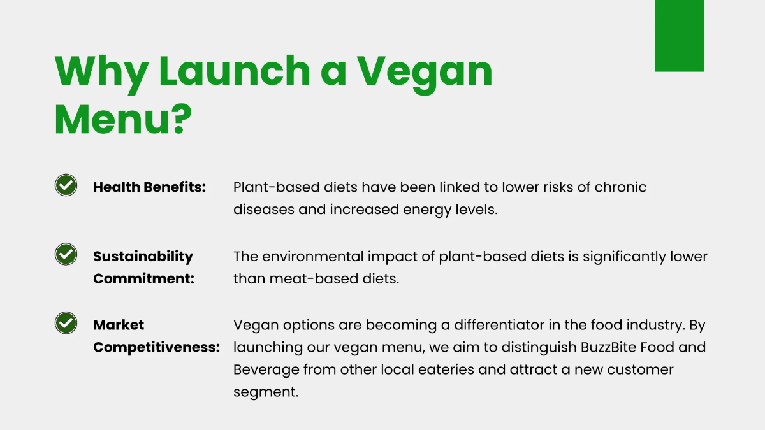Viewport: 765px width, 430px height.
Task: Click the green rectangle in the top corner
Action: pyautogui.click(x=679, y=36)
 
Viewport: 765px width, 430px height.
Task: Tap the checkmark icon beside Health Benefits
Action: pyautogui.click(x=66, y=185)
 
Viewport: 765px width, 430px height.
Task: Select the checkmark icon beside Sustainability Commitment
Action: pyautogui.click(x=66, y=254)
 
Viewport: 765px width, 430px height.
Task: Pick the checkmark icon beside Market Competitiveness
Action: pyautogui.click(x=66, y=323)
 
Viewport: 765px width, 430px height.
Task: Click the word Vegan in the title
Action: pyautogui.click(x=424, y=71)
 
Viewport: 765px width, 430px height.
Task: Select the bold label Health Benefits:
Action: pyautogui.click(x=150, y=187)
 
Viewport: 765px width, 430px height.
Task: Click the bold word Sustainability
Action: pyautogui.click(x=143, y=256)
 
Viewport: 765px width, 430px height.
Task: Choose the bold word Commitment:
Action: pyautogui.click(x=143, y=278)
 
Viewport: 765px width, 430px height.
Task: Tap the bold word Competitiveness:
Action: pyautogui.click(x=157, y=347)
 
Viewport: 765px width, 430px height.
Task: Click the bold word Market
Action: pyautogui.click(x=119, y=325)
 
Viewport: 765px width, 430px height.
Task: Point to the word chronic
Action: pyautogui.click(x=620, y=187)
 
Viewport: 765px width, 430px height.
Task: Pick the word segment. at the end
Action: pyautogui.click(x=266, y=392)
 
